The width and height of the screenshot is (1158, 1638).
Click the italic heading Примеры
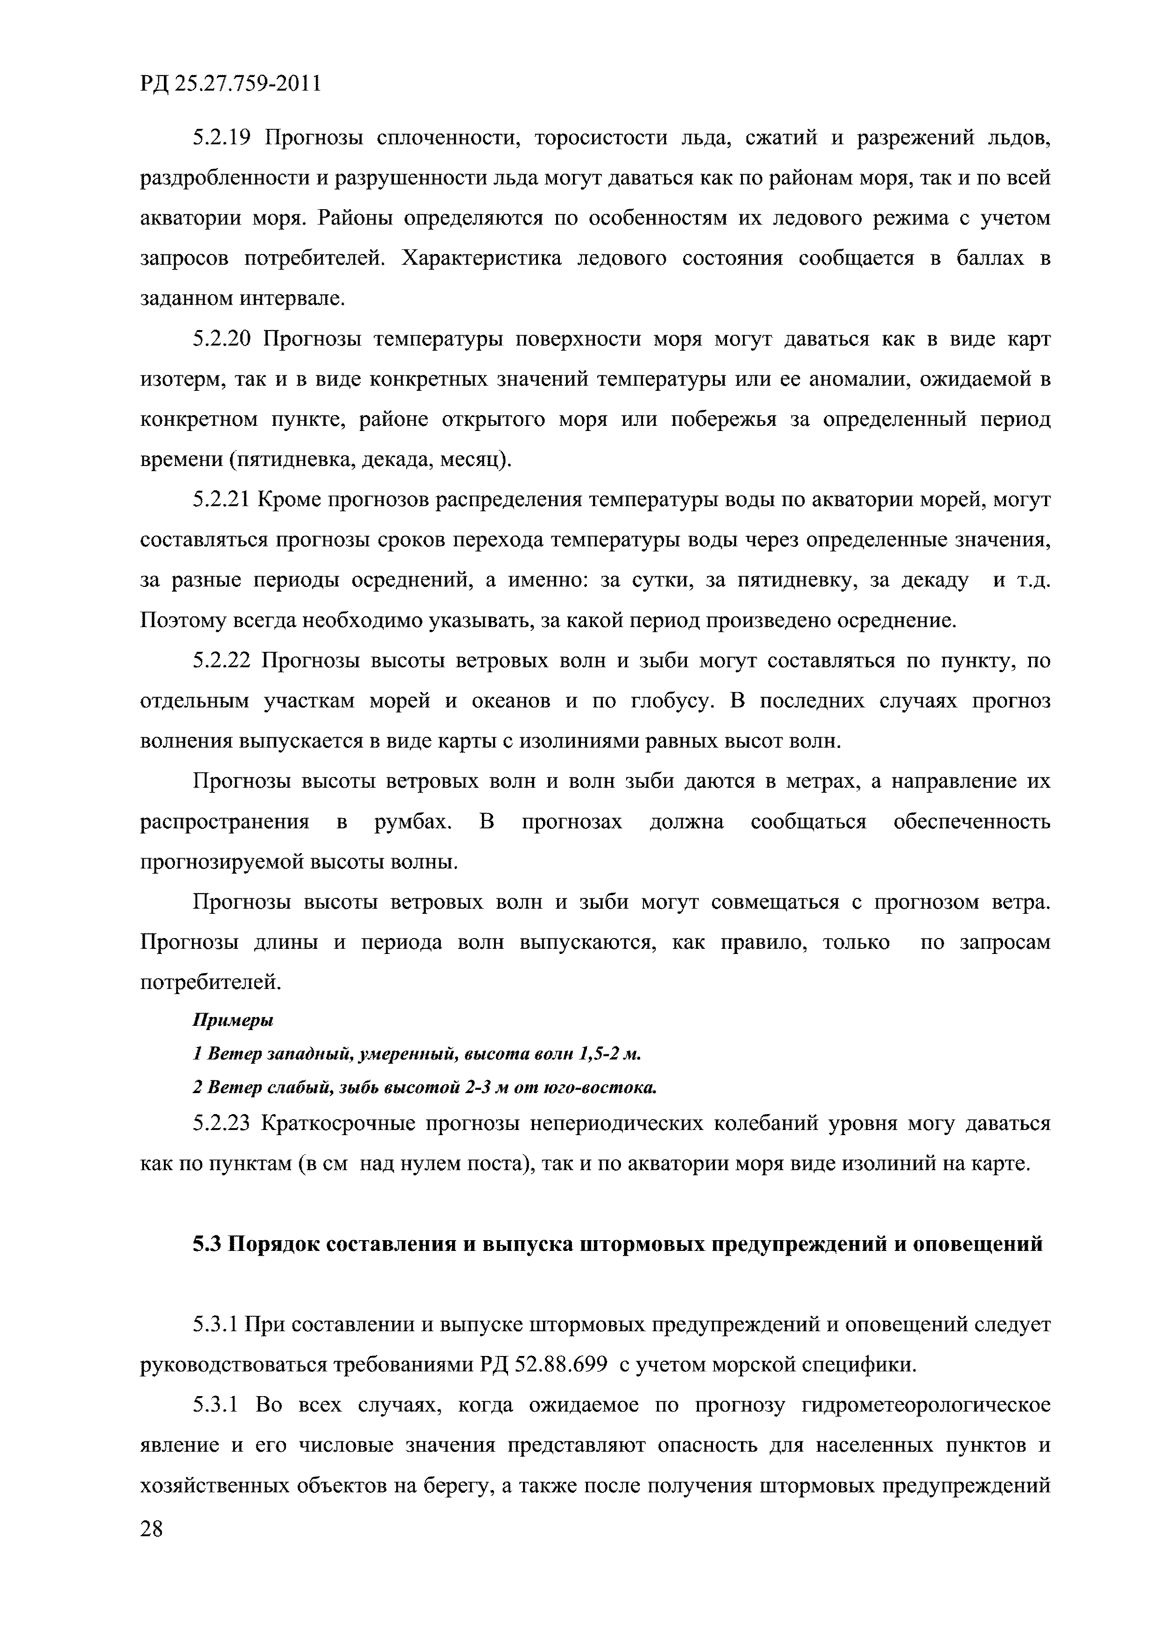point(233,1020)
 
